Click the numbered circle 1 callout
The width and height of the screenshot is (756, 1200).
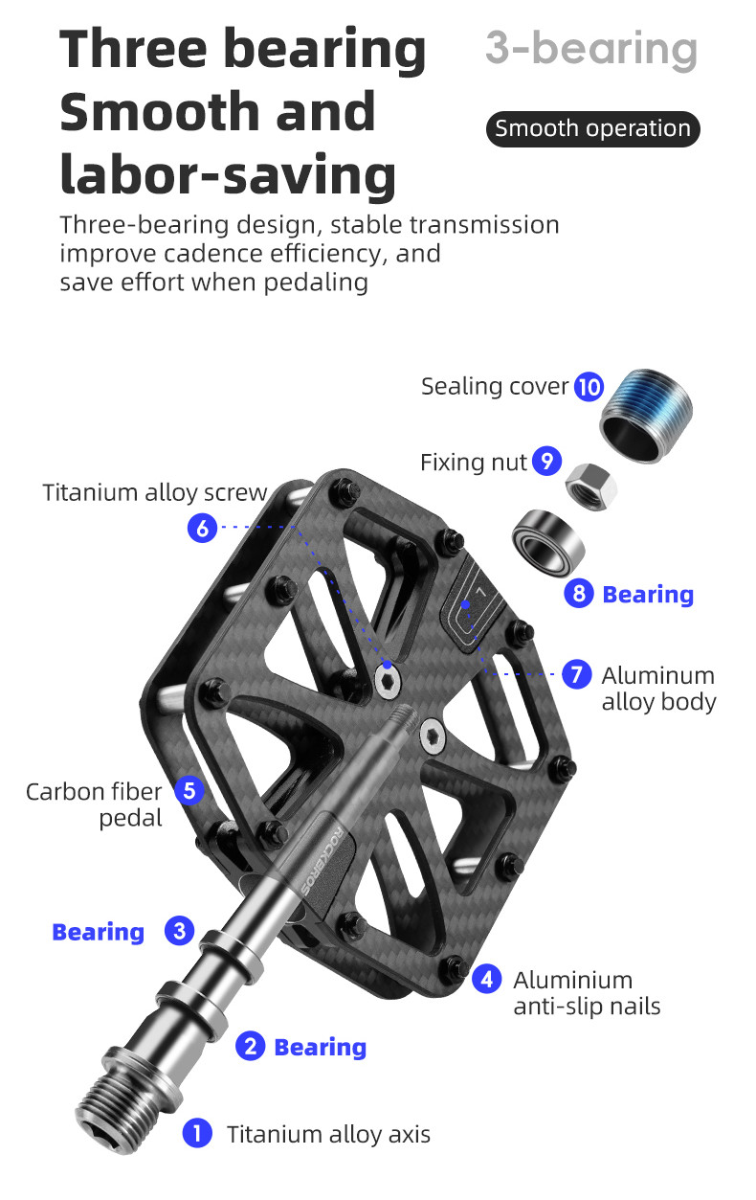coord(197,1134)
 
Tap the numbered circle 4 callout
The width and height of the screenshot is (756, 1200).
coord(487,978)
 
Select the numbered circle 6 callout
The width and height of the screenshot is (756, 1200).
coord(202,529)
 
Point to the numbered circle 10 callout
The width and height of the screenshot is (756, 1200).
coord(589,387)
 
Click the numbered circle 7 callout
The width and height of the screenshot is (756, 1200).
coord(577,674)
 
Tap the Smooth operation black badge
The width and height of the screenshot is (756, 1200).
coord(592,129)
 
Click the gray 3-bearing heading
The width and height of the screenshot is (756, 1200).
coord(591,49)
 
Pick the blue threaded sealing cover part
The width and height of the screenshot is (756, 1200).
coord(646,416)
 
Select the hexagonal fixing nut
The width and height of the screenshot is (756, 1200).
coord(591,487)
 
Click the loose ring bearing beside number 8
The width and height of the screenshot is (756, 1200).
coord(547,543)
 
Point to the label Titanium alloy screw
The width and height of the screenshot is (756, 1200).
coord(155,493)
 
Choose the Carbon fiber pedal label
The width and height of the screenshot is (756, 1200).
coord(94,805)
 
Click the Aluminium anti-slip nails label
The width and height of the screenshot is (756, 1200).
coord(587,993)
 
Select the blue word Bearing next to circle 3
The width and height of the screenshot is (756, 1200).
coord(99,933)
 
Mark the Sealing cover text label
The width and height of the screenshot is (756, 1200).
coord(494,386)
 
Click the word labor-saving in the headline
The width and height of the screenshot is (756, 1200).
coord(228,175)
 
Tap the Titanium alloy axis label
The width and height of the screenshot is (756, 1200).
coord(328,1135)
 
